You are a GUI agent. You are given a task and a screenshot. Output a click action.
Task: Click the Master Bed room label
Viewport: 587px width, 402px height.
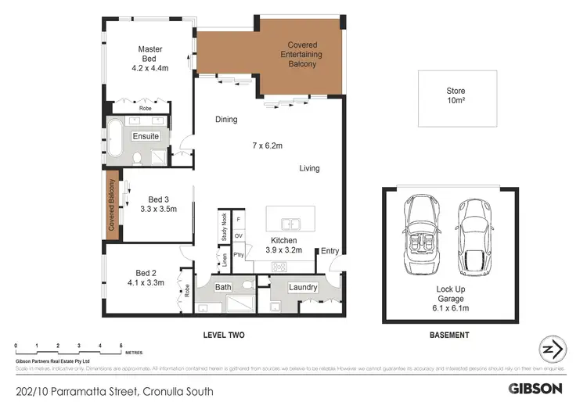149,55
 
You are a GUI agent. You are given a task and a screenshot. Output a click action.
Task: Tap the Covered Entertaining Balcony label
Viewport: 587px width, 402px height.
302,55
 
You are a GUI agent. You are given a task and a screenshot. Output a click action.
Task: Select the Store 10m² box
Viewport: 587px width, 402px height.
456,98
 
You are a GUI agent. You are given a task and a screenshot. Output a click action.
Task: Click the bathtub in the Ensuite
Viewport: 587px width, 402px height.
119,136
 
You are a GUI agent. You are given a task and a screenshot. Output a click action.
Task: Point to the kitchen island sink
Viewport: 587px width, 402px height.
290,221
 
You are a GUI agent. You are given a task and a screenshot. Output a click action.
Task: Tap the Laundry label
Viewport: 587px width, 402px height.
302,288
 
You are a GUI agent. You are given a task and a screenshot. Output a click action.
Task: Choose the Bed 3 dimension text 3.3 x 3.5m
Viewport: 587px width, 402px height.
159,209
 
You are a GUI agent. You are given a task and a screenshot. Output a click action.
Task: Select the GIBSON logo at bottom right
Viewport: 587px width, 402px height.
535,388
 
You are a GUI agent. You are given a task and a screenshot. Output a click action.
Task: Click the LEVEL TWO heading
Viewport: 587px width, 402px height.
225,336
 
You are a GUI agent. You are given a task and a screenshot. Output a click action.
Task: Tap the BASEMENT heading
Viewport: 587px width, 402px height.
450,336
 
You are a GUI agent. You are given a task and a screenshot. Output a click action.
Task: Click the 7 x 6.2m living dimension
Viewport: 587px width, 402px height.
267,146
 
